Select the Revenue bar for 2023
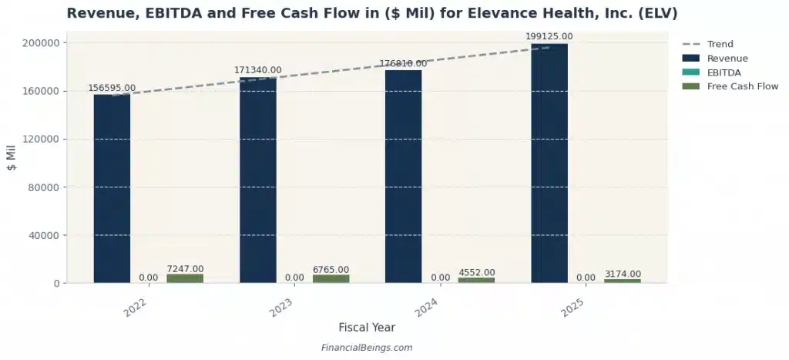tap(257, 181)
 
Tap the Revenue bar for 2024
tap(403, 177)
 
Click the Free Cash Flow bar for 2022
tap(185, 278)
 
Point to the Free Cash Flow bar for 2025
tap(622, 281)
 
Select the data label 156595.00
tap(112, 88)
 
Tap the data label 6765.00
tap(331, 269)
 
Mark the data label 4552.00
tap(476, 272)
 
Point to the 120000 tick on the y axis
tap(44, 140)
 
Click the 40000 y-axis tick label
tap(47, 235)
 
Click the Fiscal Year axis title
tap(367, 328)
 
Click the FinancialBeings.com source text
tap(367, 348)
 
